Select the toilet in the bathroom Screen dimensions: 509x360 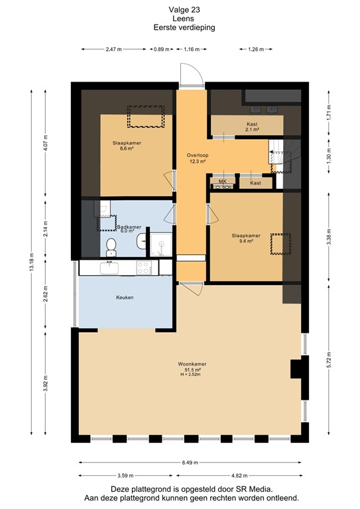(x=112, y=247)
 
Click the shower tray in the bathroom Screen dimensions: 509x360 (x=160, y=244)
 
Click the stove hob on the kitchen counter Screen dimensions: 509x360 (x=144, y=268)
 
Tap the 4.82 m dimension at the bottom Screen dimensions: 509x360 (x=239, y=476)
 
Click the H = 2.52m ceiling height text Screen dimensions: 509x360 (x=191, y=376)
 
